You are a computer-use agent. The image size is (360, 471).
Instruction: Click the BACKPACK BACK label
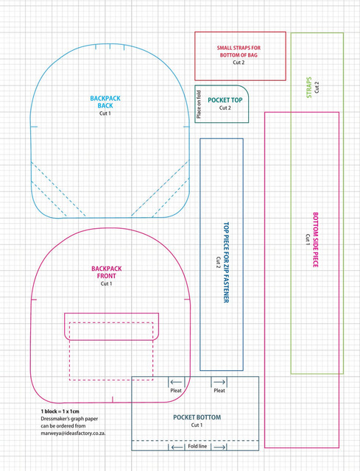pos(105,102)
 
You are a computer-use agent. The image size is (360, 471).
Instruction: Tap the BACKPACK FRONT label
pos(106,272)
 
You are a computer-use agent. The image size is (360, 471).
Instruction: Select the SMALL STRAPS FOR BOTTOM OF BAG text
pos(239,52)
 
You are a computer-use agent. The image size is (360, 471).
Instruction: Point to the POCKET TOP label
pos(225,100)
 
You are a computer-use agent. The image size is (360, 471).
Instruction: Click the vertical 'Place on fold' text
pos(199,105)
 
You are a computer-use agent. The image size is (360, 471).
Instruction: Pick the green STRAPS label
pos(309,88)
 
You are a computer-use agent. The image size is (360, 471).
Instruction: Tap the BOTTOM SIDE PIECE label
pos(316,240)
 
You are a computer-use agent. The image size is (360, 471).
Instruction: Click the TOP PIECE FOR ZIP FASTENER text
pos(226,262)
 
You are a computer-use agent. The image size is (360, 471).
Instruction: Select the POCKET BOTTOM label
pos(197,417)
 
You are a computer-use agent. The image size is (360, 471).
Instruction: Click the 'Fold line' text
pos(197,446)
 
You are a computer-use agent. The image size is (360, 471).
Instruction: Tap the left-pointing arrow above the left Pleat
pos(176,382)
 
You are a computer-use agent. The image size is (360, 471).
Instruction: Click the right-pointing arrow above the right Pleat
pos(219,382)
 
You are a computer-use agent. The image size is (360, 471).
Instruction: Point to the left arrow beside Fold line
pos(177,447)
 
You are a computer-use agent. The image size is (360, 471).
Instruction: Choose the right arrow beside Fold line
pos(219,447)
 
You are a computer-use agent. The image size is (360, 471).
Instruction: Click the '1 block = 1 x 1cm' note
pos(60,411)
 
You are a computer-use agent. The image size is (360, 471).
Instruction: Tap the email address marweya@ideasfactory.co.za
pos(73,433)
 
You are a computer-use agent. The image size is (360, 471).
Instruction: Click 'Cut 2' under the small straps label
pos(239,63)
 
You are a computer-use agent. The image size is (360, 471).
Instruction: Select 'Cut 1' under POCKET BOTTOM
pos(197,425)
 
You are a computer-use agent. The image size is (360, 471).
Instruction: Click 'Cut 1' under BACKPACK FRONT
pos(106,283)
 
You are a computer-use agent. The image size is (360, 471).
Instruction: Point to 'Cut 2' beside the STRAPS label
pos(317,87)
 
